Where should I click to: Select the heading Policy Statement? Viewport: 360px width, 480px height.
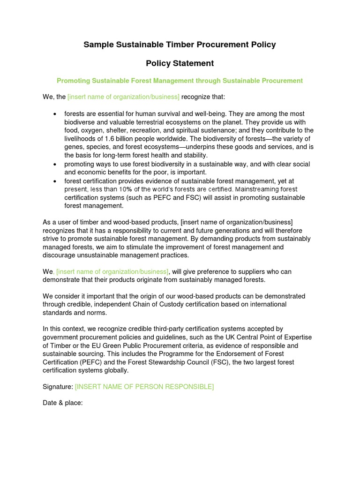pyautogui.click(x=180, y=63)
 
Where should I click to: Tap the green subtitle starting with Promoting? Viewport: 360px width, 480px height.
pyautogui.click(x=180, y=81)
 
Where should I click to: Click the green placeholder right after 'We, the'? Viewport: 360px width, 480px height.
pyautogui.click(x=123, y=97)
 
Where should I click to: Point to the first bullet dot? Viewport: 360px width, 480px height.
pyautogui.click(x=55, y=114)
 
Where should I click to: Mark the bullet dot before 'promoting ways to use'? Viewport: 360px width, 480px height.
pyautogui.click(x=55, y=165)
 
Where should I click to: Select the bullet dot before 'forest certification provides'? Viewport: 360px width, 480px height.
pyautogui.click(x=55, y=181)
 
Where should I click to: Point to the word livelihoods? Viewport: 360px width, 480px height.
pyautogui.click(x=81, y=139)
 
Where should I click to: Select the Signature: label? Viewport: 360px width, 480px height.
pyautogui.click(x=58, y=387)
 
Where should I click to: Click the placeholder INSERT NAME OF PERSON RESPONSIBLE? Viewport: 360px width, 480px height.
pyautogui.click(x=144, y=387)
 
